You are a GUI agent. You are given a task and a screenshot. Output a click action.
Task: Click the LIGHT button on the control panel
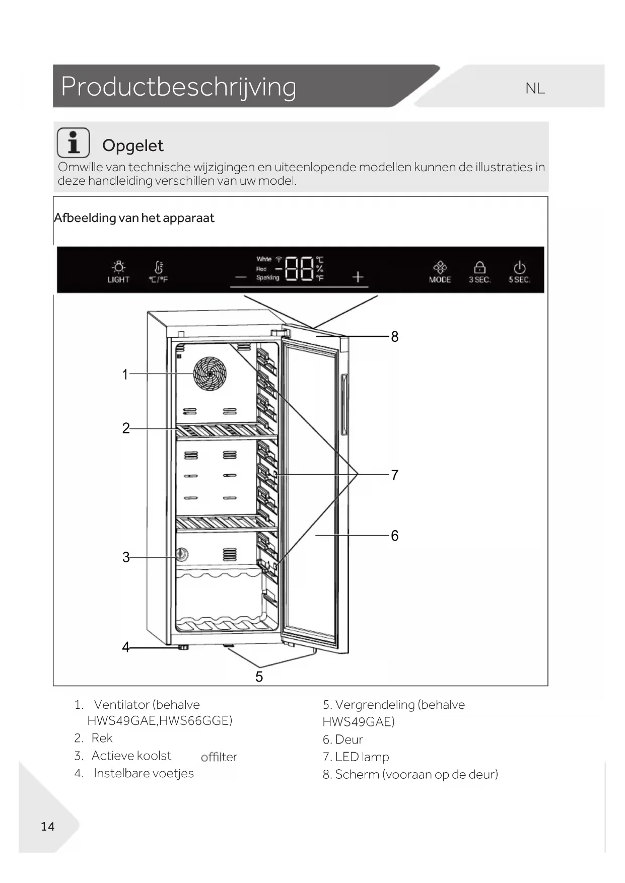coord(118,271)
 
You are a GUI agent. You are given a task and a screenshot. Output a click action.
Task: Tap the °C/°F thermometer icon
coord(158,271)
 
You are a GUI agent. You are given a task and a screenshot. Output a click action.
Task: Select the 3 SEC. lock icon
coord(479,271)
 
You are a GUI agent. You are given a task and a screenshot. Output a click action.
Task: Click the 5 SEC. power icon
coord(519,271)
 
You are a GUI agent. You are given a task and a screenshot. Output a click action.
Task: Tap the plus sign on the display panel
coord(358,276)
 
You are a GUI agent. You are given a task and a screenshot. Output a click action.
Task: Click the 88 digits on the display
coord(300,268)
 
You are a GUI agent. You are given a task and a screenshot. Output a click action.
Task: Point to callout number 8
coord(395,336)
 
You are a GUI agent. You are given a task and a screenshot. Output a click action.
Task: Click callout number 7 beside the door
coord(395,475)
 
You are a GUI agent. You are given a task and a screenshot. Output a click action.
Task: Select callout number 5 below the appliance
coord(259,676)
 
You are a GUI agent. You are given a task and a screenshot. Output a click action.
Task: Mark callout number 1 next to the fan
coord(125,374)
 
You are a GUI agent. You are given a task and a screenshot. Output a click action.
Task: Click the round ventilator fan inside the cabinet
coord(210,374)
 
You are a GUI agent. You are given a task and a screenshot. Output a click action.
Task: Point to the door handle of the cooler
coord(344,404)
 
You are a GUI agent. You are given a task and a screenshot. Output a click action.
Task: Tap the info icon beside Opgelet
coord(74,143)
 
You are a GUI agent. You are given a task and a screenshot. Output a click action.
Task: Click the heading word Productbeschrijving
coord(178,87)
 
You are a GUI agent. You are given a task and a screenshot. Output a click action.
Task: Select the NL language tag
coord(535,89)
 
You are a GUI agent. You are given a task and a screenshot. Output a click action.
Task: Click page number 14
coord(47,826)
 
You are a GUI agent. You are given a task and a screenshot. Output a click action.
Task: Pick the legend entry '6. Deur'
coord(342,739)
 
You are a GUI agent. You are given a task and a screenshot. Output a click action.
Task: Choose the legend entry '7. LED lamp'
coord(356,757)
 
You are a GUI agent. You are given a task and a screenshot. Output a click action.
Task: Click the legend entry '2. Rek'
coord(93,738)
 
